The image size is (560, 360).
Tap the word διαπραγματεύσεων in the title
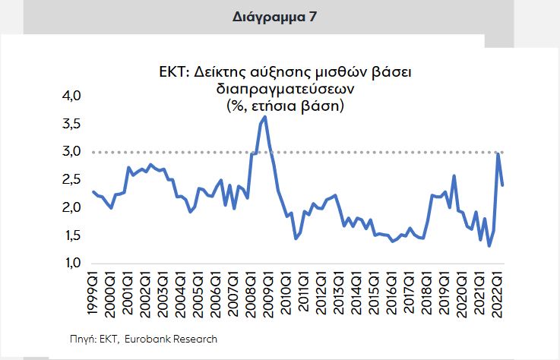280,90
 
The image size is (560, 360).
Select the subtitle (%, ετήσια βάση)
280,106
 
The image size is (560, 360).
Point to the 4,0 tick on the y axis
70,96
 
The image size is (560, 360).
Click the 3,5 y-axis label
70,124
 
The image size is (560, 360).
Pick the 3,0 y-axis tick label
70,152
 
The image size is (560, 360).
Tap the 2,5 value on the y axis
70,180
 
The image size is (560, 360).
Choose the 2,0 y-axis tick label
70,207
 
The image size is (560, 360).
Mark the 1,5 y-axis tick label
70,235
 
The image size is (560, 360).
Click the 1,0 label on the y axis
70,264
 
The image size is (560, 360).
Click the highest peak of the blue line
264,117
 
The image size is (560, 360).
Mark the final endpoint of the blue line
503,185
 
